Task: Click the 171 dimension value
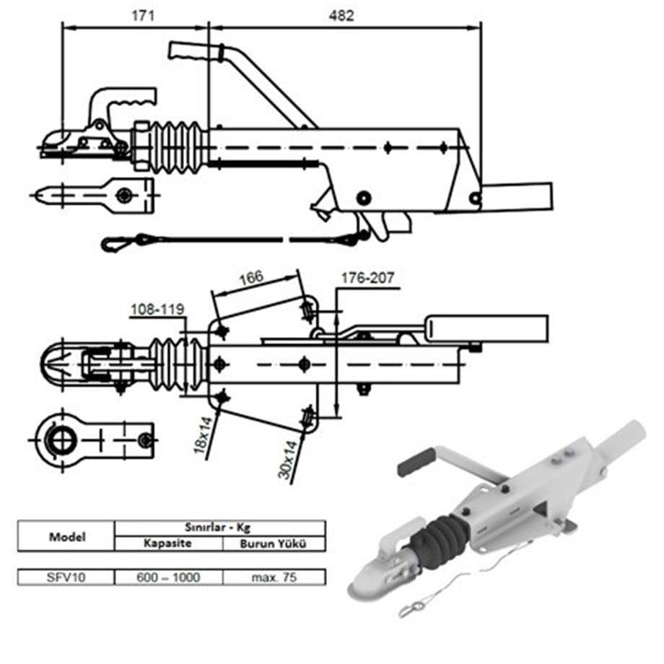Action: (x=143, y=15)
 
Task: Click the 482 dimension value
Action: (x=341, y=15)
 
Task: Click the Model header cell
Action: (x=66, y=537)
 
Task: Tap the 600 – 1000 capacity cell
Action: (x=168, y=577)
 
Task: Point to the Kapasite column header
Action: (x=168, y=543)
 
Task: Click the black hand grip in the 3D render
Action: (x=416, y=462)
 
